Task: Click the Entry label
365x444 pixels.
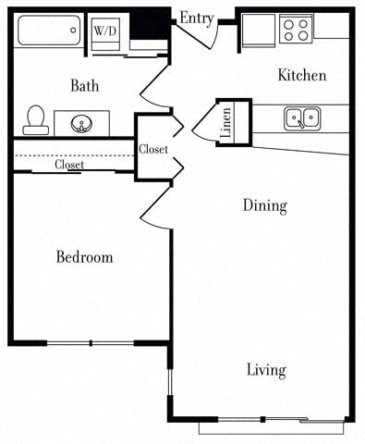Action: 197,18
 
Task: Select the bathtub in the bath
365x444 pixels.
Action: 48,32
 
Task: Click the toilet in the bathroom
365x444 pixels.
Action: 36,118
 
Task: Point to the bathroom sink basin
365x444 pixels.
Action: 81,123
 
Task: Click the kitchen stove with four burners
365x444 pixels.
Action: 296,30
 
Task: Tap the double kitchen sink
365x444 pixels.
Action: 301,117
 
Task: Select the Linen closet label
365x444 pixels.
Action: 226,123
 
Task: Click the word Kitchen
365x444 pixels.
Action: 301,75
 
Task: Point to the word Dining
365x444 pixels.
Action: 264,205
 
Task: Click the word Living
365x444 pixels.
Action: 265,371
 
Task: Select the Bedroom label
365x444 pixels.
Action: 84,257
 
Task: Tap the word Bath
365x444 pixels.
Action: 85,86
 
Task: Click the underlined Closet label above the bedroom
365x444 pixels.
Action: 69,165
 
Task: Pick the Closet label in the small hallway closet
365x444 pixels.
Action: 152,149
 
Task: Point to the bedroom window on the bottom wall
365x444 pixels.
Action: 91,343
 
